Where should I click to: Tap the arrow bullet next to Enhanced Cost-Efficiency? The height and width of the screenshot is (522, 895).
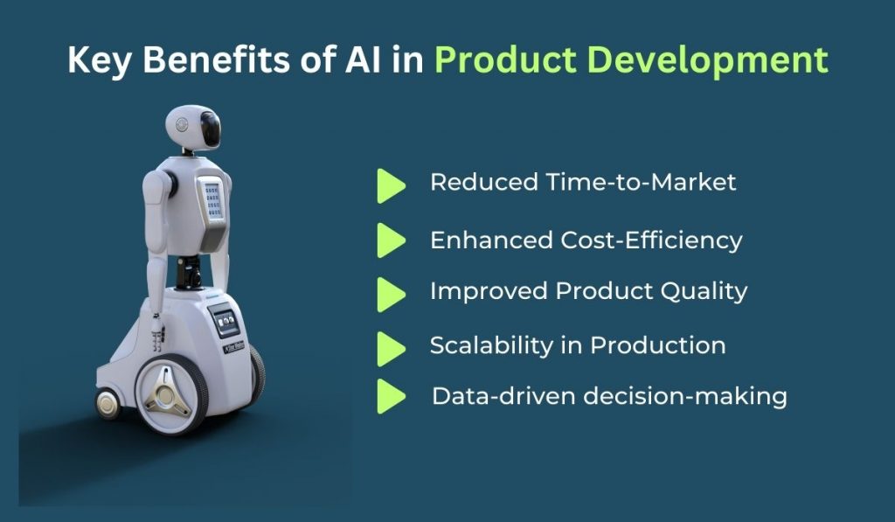[x=391, y=240]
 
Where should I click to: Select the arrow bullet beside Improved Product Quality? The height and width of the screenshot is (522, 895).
[x=391, y=294]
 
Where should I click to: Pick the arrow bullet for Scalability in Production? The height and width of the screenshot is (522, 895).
[x=391, y=348]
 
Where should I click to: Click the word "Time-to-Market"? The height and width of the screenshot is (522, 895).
[x=642, y=182]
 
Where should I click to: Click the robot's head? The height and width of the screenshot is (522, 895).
[x=192, y=128]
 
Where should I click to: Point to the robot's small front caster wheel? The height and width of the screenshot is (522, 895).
[x=108, y=403]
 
